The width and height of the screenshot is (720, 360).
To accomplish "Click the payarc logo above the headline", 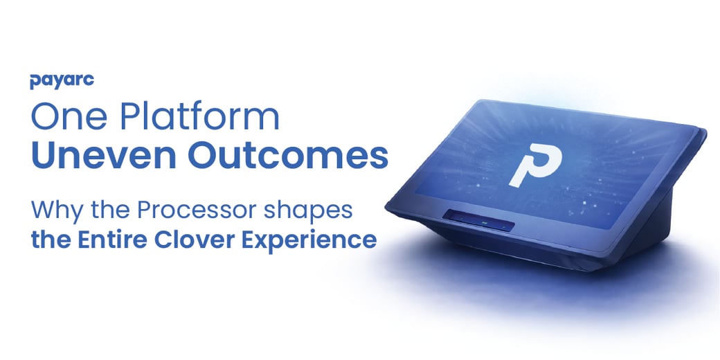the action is pyautogui.click(x=62, y=81).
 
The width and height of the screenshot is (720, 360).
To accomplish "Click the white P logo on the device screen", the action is pyautogui.click(x=535, y=165).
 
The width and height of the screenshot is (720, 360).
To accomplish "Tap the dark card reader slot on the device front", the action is pyautogui.click(x=480, y=220).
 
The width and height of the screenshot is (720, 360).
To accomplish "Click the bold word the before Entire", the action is pyautogui.click(x=51, y=240).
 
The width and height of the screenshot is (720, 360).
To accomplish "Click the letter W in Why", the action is pyautogui.click(x=44, y=210).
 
